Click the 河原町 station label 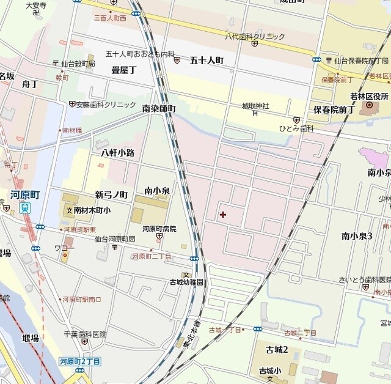click(x=25, y=194)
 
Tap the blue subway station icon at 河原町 click(x=25, y=208)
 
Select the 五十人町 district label click(x=206, y=60)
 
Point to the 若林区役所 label click(x=370, y=96)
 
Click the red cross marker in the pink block click(x=222, y=215)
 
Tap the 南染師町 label click(x=159, y=108)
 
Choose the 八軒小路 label click(x=118, y=152)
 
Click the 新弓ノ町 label click(x=111, y=194)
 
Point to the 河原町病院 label click(x=159, y=228)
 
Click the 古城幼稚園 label click(x=187, y=282)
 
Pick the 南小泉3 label click(x=357, y=235)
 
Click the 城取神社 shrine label click(x=255, y=105)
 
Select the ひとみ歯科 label click(x=296, y=128)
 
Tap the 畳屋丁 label click(x=123, y=70)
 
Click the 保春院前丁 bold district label click(x=334, y=109)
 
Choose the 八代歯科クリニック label click(x=255, y=37)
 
